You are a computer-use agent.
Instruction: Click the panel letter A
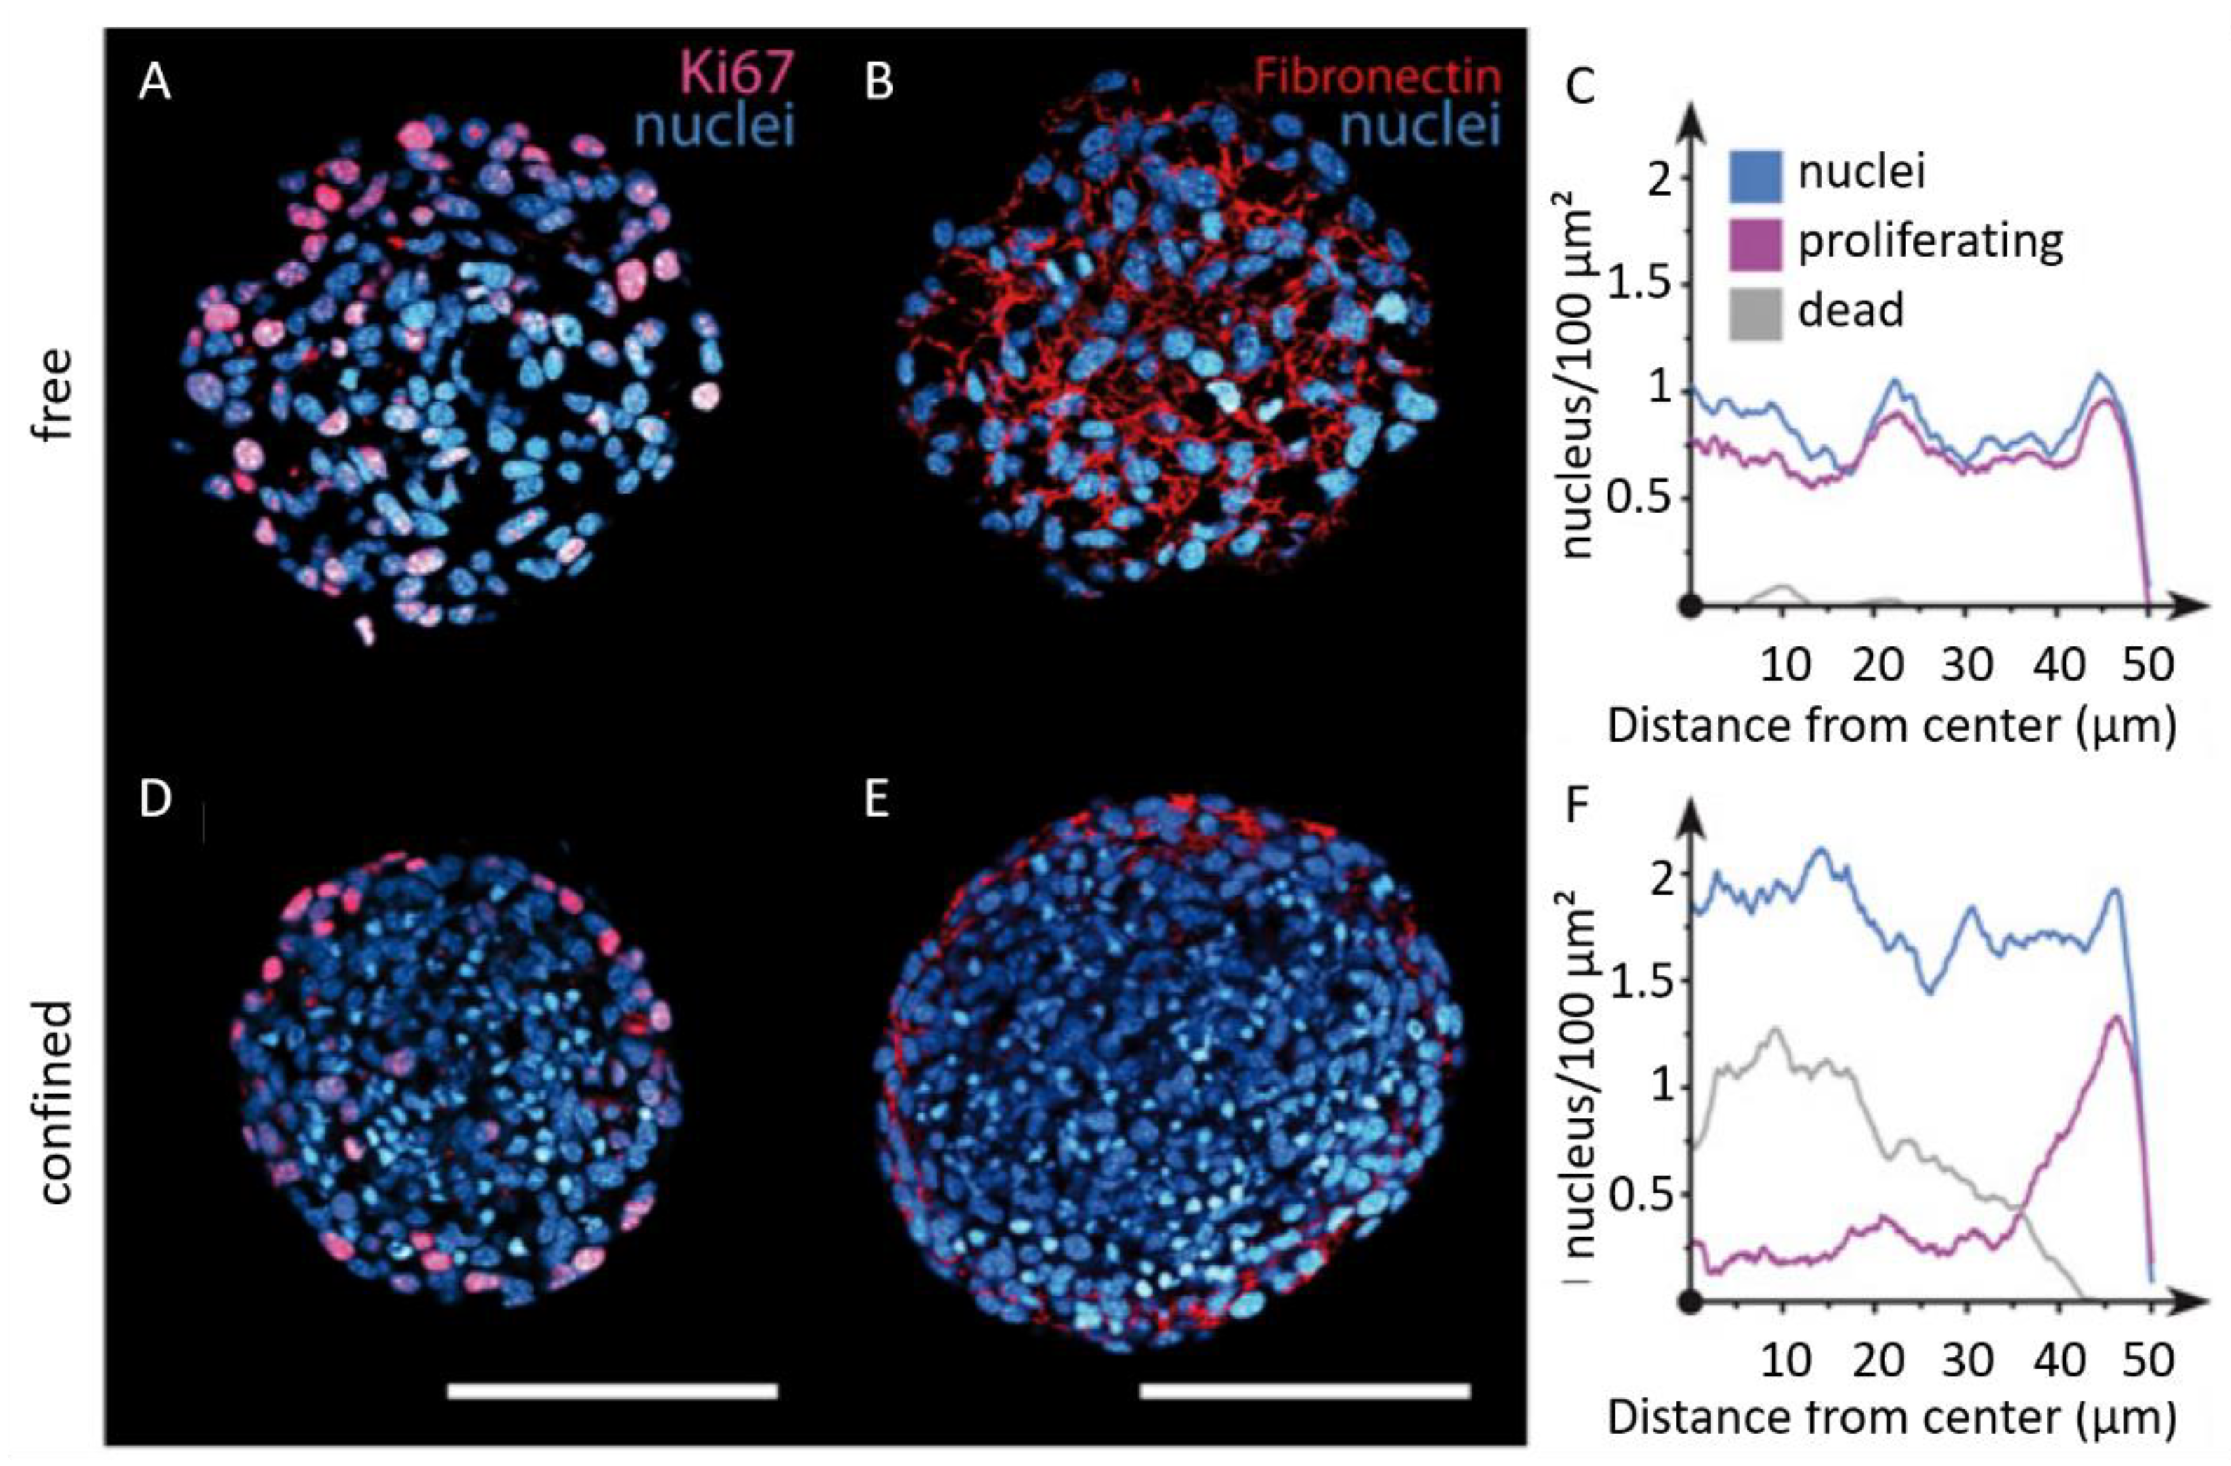(155, 83)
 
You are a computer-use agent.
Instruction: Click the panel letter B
(879, 83)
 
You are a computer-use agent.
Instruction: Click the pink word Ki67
(737, 72)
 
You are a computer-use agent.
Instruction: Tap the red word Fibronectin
(1377, 76)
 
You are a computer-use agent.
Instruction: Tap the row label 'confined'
(56, 1102)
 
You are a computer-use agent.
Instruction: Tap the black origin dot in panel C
(1690, 606)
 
